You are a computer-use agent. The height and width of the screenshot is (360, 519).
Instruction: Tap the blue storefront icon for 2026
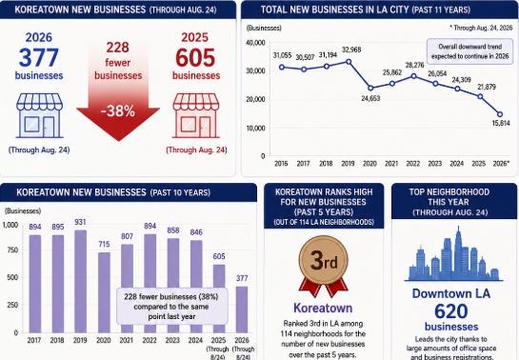click(40, 115)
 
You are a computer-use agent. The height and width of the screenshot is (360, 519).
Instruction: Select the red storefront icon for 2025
click(196, 115)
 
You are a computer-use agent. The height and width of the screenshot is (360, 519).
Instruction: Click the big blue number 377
click(39, 57)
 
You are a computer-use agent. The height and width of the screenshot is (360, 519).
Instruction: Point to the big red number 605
click(195, 57)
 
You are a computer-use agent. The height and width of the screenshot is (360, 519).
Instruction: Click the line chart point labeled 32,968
click(349, 62)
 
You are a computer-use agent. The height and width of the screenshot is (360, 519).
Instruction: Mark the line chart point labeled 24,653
click(370, 88)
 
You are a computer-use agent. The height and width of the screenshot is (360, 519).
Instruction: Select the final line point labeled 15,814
click(500, 114)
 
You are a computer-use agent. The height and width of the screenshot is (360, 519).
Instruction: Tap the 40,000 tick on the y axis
click(255, 43)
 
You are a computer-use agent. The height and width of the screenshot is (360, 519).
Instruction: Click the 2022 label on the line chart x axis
click(412, 164)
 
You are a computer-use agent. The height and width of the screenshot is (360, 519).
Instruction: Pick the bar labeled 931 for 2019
click(80, 282)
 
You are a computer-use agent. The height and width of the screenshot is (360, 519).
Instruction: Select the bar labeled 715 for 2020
click(104, 292)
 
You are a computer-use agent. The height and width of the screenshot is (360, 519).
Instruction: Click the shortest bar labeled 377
click(242, 310)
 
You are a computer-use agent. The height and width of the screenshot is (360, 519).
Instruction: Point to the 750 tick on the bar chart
click(12, 250)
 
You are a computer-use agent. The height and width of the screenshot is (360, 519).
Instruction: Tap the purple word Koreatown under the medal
click(323, 308)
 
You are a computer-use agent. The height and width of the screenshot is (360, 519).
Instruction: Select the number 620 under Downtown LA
click(451, 311)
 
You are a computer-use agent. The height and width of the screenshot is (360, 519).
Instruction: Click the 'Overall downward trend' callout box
click(469, 51)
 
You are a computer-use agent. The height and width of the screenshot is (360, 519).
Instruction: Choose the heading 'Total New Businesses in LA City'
click(334, 10)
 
